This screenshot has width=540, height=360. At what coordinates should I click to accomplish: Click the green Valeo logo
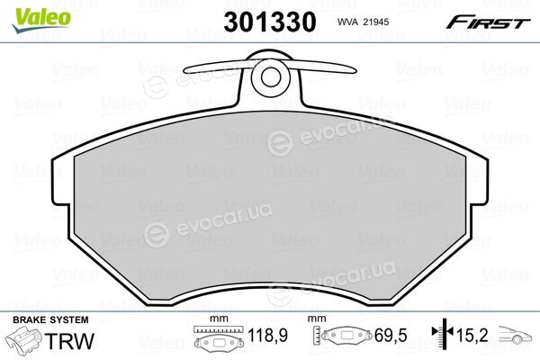click(41, 21)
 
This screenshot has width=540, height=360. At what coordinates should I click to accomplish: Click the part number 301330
click(270, 22)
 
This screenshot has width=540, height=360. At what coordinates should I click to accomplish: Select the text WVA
click(347, 22)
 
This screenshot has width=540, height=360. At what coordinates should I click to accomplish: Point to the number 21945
click(377, 22)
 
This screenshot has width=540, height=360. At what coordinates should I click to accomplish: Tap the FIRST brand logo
click(489, 22)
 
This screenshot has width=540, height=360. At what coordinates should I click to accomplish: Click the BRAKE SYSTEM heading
click(50, 320)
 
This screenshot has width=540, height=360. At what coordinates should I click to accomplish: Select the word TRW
click(69, 341)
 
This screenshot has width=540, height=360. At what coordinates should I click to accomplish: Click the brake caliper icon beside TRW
click(25, 339)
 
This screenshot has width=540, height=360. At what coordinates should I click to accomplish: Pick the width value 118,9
click(268, 335)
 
